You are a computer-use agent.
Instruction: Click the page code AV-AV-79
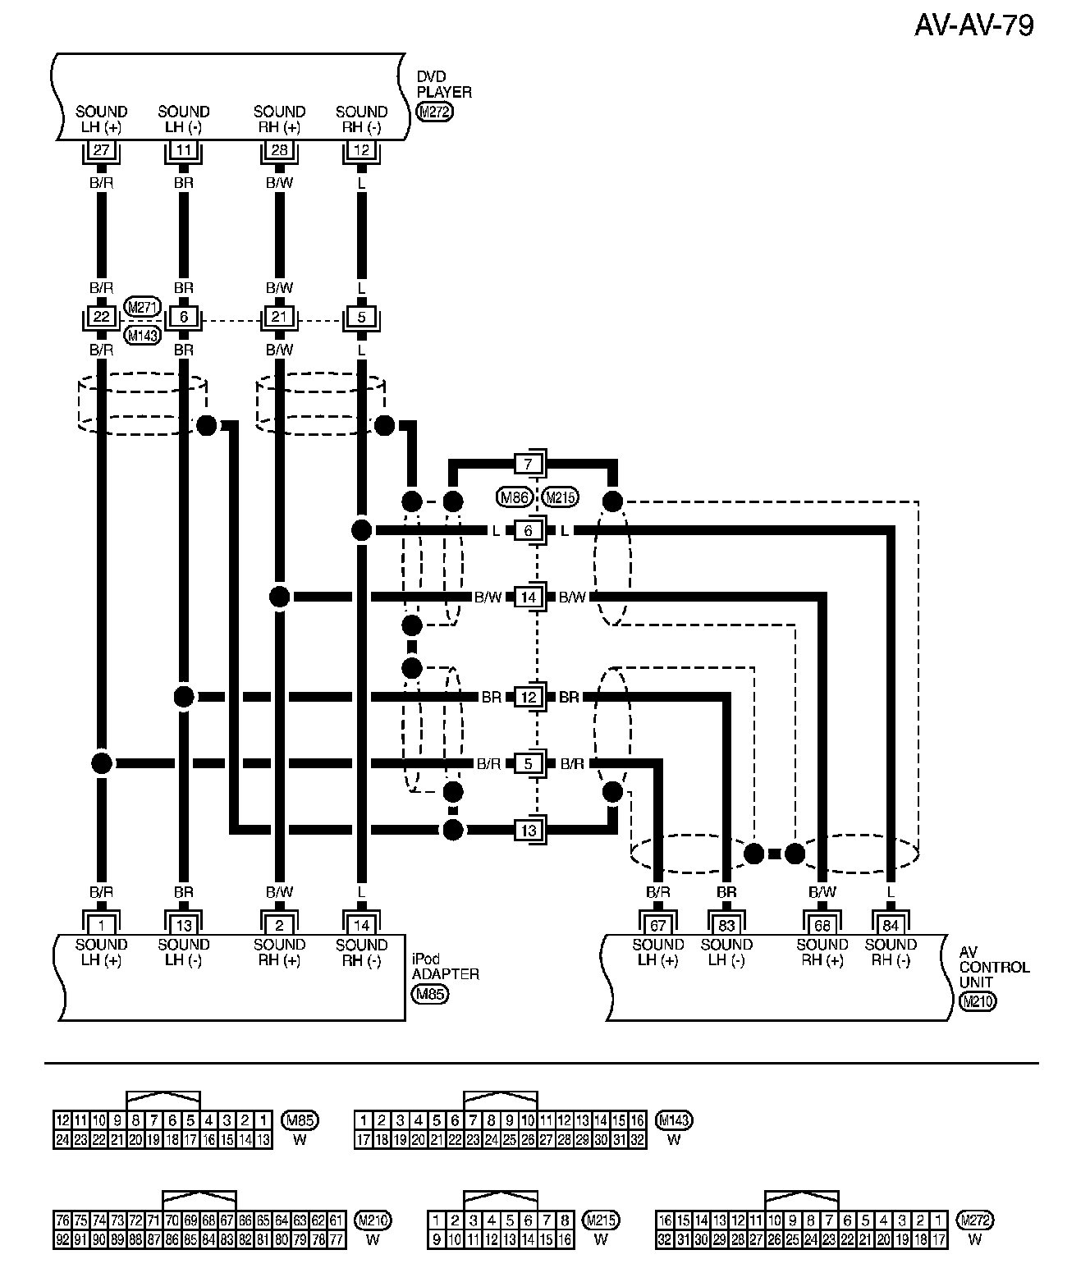tap(973, 26)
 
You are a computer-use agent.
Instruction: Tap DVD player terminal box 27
tap(102, 150)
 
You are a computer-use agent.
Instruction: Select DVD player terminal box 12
tap(362, 150)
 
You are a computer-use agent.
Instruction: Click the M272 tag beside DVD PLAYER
tap(434, 113)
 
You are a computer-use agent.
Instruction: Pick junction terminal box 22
tap(102, 317)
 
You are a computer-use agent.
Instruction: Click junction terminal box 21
tap(280, 317)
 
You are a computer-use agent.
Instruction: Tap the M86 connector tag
tap(515, 497)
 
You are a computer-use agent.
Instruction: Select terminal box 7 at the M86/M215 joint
tap(529, 464)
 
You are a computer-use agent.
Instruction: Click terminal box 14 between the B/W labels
tap(529, 597)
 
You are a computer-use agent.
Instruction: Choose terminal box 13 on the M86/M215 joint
tap(529, 830)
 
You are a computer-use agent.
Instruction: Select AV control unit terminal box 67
tap(658, 925)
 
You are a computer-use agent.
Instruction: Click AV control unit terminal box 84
tap(891, 925)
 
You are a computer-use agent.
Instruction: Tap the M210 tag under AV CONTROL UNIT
tap(977, 1001)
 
